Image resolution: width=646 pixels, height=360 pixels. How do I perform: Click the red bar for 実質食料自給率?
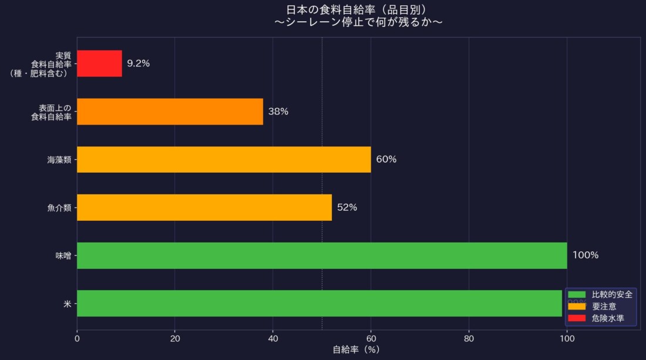[99, 63]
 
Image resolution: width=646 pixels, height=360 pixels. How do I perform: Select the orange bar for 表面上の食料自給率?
[170, 112]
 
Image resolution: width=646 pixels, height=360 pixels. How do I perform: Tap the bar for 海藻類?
[224, 159]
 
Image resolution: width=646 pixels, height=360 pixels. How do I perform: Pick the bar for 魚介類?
[204, 207]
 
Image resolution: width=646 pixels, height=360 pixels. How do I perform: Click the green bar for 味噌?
[322, 255]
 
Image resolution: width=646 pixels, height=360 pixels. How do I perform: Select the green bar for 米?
[319, 303]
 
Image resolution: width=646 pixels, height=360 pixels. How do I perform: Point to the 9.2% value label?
[139, 63]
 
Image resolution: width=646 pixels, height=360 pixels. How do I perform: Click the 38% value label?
[278, 112]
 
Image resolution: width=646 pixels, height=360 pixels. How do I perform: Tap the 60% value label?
[386, 159]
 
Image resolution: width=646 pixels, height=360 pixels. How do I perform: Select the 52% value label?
[347, 207]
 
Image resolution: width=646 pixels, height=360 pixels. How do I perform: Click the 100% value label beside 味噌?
[586, 255]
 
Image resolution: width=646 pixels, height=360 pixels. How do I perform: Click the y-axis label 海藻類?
[59, 160]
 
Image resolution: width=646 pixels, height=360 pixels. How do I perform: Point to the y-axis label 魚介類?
[59, 208]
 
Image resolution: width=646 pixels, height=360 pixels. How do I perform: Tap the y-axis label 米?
[68, 304]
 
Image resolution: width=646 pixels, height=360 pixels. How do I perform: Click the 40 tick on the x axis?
[272, 338]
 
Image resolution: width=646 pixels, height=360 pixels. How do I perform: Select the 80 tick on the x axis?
[469, 338]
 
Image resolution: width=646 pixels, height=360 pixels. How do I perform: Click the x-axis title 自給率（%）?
[356, 350]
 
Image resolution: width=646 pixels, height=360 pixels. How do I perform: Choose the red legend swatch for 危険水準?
[578, 318]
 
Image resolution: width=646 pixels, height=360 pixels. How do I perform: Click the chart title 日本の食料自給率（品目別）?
[356, 9]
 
